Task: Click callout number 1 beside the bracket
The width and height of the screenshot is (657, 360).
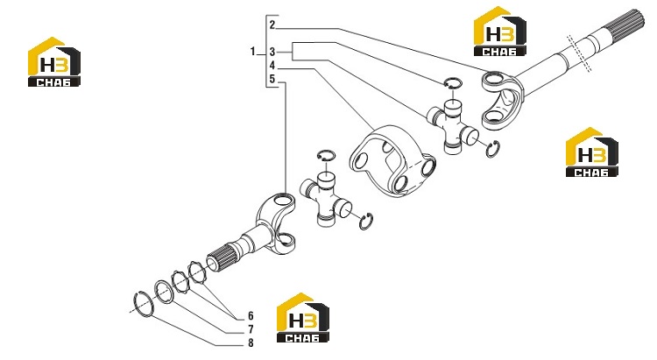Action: click(252, 52)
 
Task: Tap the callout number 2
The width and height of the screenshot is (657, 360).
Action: click(272, 25)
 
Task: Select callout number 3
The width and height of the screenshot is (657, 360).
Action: click(272, 52)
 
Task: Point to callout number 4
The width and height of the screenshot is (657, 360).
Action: click(272, 66)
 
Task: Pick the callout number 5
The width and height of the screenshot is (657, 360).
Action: click(272, 79)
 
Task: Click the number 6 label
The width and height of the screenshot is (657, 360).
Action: click(251, 315)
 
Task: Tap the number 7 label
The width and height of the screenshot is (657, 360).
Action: click(251, 329)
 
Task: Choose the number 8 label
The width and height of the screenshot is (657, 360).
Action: click(251, 342)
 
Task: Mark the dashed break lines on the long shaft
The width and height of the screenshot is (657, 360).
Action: click(580, 53)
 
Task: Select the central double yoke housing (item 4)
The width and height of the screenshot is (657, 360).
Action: click(392, 160)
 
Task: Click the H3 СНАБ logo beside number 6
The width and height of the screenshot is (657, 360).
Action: click(302, 318)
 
